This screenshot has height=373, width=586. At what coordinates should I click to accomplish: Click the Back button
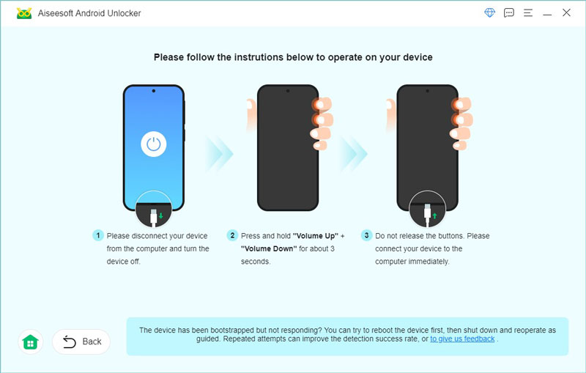pyautogui.click(x=81, y=341)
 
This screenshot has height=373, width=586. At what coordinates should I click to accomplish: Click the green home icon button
pyautogui.click(x=30, y=341)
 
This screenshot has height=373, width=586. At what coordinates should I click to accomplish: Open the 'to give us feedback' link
pyautogui.click(x=462, y=339)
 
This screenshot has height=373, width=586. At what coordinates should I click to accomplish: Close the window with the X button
pyautogui.click(x=566, y=13)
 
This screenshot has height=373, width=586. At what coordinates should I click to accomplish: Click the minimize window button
pyautogui.click(x=546, y=13)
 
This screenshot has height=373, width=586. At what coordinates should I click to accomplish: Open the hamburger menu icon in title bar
pyautogui.click(x=527, y=13)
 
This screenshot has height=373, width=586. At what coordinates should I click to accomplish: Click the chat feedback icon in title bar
pyautogui.click(x=509, y=13)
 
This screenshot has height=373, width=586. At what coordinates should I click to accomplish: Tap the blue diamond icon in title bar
pyautogui.click(x=490, y=13)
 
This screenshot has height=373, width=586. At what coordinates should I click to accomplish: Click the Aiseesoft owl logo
pyautogui.click(x=24, y=13)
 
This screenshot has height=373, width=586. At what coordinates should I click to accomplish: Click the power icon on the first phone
pyautogui.click(x=153, y=144)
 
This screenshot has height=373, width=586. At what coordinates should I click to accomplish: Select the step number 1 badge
pyautogui.click(x=97, y=236)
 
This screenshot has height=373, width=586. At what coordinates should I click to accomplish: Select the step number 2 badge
pyautogui.click(x=232, y=236)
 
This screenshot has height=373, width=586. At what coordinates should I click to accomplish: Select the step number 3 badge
pyautogui.click(x=366, y=236)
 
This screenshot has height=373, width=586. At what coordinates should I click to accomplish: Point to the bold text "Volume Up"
pyautogui.click(x=315, y=236)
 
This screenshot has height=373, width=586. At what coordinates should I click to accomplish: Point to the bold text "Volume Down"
pyautogui.click(x=267, y=248)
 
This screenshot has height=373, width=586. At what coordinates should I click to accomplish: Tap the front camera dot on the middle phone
pyautogui.click(x=288, y=92)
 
